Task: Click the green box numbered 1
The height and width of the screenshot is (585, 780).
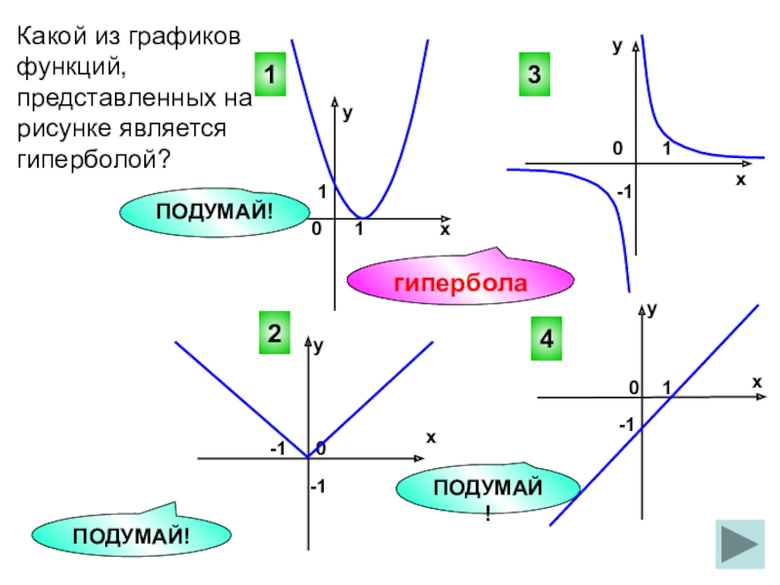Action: (x=272, y=74)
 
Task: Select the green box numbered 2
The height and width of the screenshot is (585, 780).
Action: (x=275, y=332)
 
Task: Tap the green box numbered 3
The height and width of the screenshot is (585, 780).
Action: (x=534, y=74)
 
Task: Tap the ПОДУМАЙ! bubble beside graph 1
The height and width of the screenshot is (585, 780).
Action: (x=215, y=211)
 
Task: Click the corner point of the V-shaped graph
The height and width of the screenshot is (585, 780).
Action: (x=307, y=456)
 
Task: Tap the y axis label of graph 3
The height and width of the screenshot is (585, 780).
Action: (x=617, y=46)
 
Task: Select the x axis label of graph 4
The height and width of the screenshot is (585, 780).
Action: (x=756, y=383)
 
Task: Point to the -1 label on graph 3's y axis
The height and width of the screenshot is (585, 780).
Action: (x=623, y=193)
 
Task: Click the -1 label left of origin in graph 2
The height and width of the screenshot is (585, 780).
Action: (x=277, y=448)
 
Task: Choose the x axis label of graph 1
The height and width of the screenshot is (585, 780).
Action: (x=445, y=230)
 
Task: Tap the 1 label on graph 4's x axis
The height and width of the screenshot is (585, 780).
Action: (x=667, y=388)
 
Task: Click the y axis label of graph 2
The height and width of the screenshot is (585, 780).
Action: (x=319, y=345)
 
